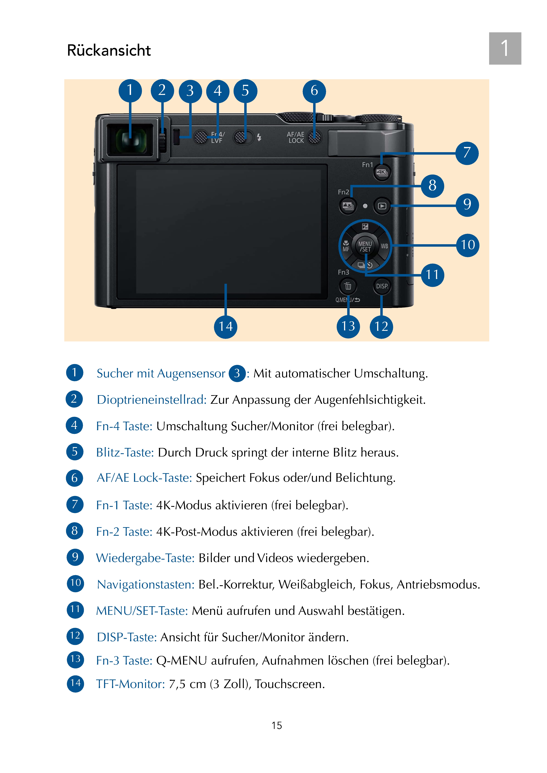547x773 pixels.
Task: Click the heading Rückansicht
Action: coord(109,51)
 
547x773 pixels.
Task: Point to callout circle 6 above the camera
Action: coord(314,91)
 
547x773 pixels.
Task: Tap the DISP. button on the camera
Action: coord(382,286)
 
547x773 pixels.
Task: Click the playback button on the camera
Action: coord(382,206)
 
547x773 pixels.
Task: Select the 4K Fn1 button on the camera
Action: coord(382,172)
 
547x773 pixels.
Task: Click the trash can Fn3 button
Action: coord(348,286)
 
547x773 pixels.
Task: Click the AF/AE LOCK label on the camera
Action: coord(296,138)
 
